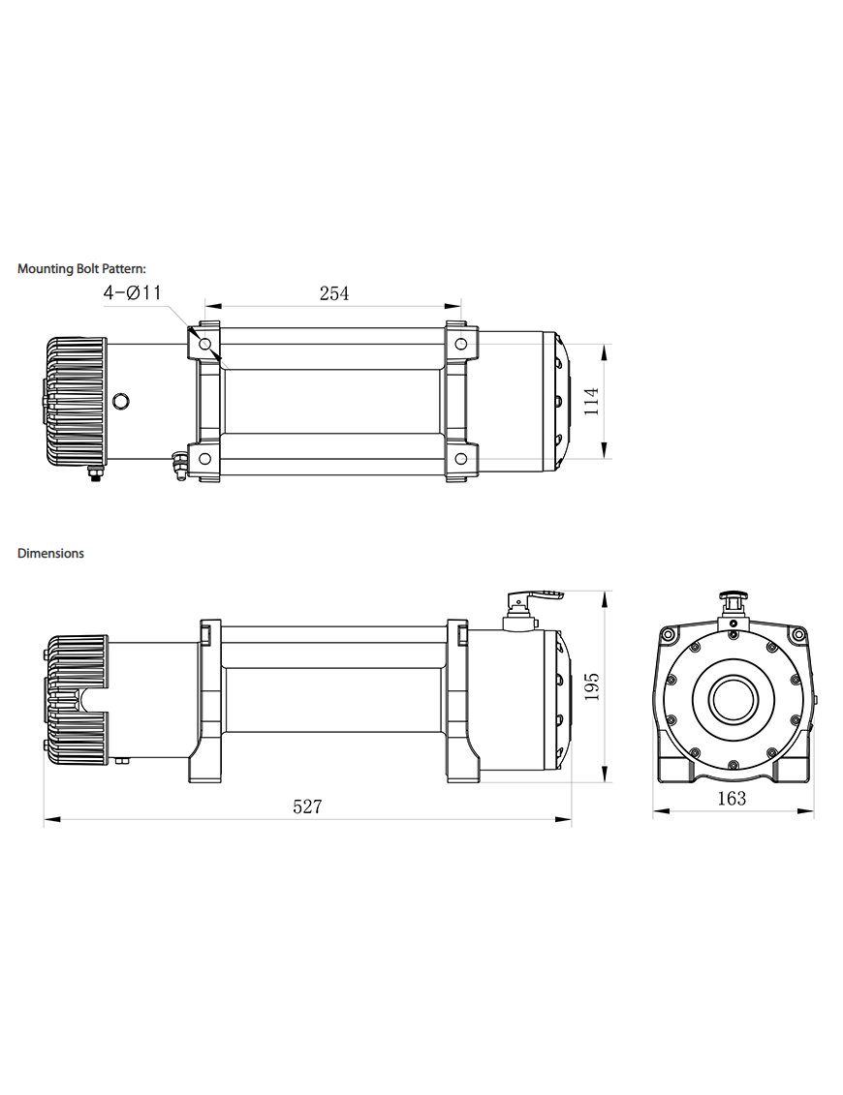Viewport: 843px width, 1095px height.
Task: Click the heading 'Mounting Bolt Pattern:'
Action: click(81, 269)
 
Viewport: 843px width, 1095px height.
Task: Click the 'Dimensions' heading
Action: click(50, 554)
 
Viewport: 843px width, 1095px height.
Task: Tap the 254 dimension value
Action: click(333, 293)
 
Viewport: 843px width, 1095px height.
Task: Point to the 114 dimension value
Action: click(593, 401)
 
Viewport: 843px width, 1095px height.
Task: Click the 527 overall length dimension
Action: click(307, 806)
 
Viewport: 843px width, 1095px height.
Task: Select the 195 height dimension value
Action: click(593, 686)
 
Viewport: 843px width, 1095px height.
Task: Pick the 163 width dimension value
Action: click(733, 799)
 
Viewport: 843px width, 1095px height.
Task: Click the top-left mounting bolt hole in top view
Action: click(204, 344)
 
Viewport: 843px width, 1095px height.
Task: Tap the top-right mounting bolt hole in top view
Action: click(461, 344)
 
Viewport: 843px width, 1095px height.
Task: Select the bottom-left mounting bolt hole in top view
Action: click(204, 458)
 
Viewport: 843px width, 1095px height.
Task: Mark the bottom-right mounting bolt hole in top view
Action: click(461, 458)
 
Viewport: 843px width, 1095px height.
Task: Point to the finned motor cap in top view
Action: click(74, 401)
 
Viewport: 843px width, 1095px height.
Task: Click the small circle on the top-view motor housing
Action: click(120, 401)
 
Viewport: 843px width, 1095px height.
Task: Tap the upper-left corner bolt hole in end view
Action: click(667, 634)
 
